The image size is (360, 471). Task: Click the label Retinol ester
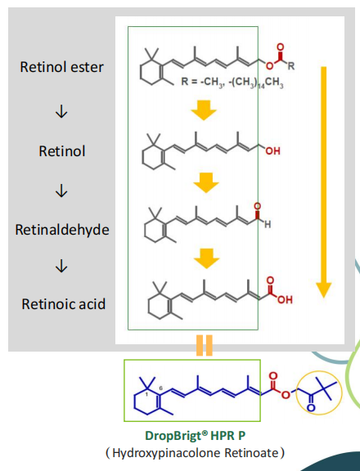[61, 67]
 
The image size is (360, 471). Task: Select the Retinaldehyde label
[62, 230]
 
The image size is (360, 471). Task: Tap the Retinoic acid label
[63, 304]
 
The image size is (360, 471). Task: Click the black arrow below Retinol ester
[61, 112]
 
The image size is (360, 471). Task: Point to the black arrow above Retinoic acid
[61, 266]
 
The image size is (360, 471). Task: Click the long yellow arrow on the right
[324, 182]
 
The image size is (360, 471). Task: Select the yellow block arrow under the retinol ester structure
[204, 110]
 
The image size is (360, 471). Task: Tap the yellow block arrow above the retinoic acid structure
[206, 258]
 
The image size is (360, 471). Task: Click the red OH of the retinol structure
[272, 150]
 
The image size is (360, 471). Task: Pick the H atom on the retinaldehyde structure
[268, 224]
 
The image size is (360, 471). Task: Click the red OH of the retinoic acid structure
[285, 299]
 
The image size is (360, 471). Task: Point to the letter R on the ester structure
[291, 65]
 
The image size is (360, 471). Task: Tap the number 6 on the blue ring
[160, 388]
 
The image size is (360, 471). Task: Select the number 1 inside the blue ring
[147, 394]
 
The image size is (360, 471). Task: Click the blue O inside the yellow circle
[311, 407]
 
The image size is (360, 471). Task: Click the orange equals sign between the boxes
[205, 345]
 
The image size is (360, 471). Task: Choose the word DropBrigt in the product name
[173, 436]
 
